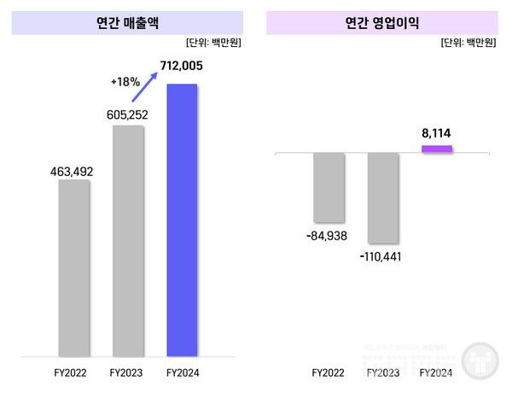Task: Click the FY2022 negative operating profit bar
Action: tap(329, 186)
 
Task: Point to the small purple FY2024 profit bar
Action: tap(437, 150)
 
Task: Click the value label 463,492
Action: tap(73, 172)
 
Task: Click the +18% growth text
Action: tap(125, 82)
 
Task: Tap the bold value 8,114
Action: tap(438, 132)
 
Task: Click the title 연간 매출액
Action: tap(125, 22)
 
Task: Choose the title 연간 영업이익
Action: tap(381, 22)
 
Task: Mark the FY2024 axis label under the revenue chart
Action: tap(183, 373)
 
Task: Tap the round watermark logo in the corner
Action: tap(481, 361)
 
